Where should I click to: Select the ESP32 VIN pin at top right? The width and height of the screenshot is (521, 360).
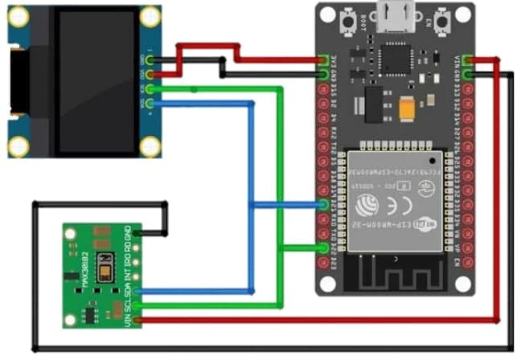click(x=469, y=60)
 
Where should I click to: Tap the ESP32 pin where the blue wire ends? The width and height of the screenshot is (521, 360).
click(x=322, y=205)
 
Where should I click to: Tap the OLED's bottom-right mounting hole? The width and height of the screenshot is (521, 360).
click(x=150, y=145)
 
